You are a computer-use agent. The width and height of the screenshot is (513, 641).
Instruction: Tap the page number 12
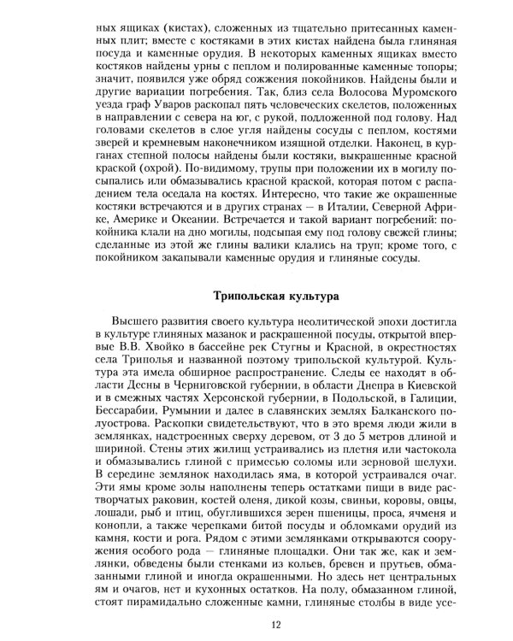click(276, 625)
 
